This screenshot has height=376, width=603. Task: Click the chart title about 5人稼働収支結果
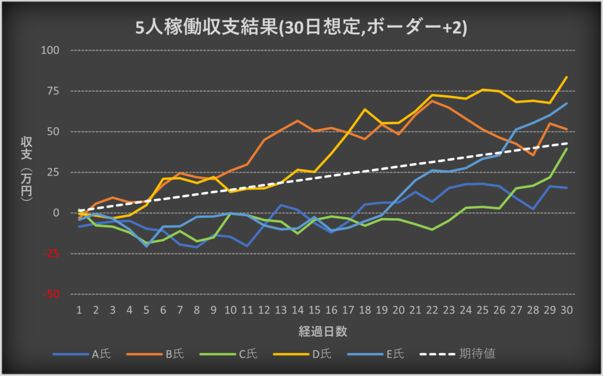point(301,28)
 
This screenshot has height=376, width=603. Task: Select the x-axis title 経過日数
point(322,331)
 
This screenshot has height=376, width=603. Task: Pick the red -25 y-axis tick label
point(52,253)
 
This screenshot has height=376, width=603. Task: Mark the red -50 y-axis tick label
point(52,293)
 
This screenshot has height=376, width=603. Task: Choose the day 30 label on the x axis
point(566,311)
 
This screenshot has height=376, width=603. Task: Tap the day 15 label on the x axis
point(314,311)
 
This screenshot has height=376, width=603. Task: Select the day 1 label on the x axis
point(79,311)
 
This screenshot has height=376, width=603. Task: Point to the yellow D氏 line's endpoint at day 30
point(566,77)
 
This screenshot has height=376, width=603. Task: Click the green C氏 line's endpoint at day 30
point(566,149)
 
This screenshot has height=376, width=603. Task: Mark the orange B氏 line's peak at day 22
point(432,101)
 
